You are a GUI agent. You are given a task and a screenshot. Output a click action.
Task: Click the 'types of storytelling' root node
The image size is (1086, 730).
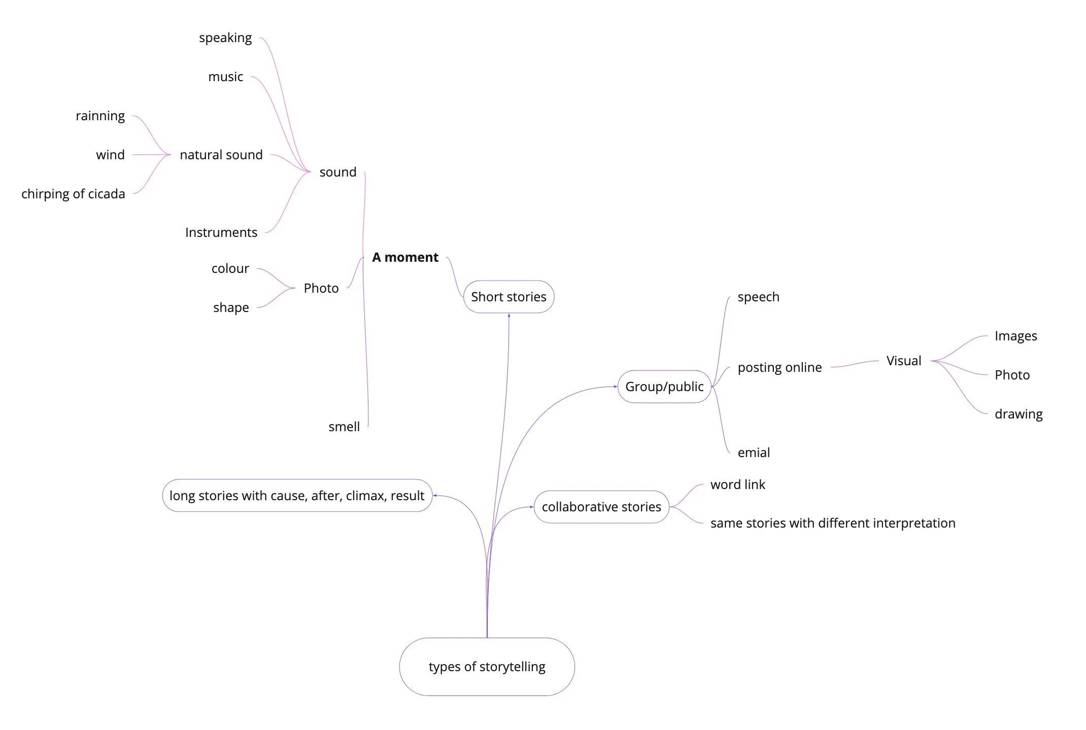click(487, 666)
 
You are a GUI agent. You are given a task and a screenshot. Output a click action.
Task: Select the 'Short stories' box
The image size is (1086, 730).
click(508, 297)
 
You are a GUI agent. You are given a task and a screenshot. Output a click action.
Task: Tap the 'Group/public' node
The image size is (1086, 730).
click(664, 387)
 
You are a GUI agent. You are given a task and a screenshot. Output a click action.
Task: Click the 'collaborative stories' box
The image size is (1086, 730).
click(601, 507)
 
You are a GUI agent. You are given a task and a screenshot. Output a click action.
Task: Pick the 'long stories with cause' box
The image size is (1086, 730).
click(297, 496)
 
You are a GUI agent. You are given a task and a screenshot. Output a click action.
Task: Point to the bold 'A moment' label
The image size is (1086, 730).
click(405, 257)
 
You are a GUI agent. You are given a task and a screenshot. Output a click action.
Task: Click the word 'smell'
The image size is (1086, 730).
click(344, 427)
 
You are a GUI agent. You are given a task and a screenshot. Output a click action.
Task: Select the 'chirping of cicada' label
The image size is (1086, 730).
click(73, 194)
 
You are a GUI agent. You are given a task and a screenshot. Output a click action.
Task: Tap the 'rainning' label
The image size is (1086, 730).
click(100, 116)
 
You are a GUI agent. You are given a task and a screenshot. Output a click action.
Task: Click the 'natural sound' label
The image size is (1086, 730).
click(221, 155)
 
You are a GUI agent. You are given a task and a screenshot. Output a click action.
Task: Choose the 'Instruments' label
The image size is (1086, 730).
click(221, 232)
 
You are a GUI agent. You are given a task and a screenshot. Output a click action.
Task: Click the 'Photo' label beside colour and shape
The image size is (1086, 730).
click(321, 288)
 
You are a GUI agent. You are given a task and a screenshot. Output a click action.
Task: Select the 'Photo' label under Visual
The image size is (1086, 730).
click(1012, 375)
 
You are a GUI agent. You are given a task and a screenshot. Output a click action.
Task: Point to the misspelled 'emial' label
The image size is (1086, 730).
click(754, 453)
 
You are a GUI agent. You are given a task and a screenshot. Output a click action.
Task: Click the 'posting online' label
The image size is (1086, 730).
click(779, 367)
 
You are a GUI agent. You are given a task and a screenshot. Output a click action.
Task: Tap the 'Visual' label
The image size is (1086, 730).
click(903, 361)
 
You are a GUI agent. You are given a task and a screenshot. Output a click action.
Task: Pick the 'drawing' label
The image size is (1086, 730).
click(1019, 414)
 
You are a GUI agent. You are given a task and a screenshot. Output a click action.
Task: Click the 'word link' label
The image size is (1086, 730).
click(737, 484)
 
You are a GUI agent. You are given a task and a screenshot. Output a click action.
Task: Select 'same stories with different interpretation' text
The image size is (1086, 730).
click(833, 523)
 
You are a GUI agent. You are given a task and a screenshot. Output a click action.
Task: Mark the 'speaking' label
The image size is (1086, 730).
click(225, 38)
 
